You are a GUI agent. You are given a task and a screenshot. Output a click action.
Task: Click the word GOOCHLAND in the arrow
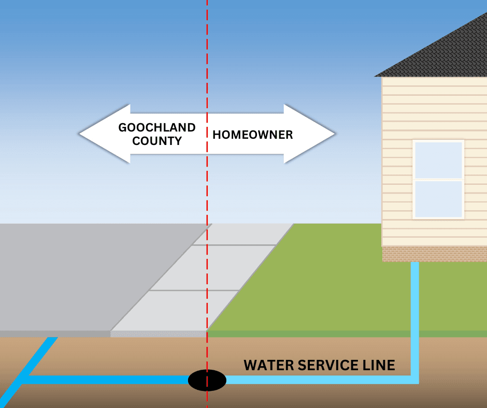(x=157, y=127)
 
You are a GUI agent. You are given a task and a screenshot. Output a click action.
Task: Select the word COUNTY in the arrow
(x=157, y=141)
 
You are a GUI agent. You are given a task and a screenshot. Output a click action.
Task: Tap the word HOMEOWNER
(x=253, y=135)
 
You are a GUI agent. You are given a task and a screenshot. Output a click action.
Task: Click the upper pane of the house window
(x=438, y=161)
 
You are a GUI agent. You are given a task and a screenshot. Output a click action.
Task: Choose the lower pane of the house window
(x=438, y=199)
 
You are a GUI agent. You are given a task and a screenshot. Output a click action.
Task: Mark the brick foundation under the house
(x=434, y=254)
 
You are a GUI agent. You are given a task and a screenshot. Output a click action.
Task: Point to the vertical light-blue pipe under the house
(x=415, y=311)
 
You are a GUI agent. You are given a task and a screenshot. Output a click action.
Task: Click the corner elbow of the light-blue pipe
(x=414, y=380)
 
